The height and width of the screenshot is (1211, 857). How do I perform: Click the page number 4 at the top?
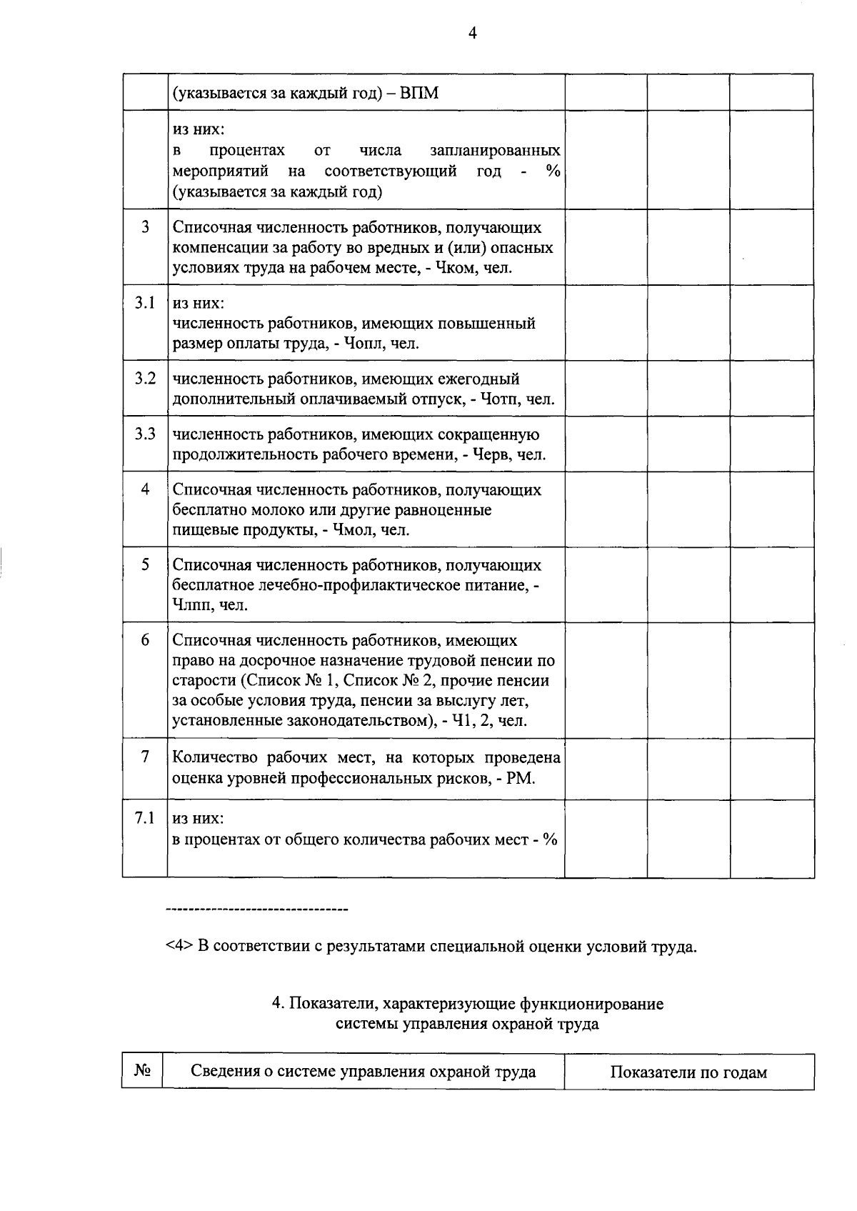(472, 32)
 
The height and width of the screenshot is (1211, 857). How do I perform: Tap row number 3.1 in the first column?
(145, 302)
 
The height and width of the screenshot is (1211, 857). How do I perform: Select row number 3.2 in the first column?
(145, 378)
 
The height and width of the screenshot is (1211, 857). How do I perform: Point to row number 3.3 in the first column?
(145, 434)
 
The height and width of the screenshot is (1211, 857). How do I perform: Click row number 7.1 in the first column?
(145, 817)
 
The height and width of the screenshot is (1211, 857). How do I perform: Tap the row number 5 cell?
(145, 564)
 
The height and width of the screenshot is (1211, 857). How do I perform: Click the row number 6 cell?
(145, 639)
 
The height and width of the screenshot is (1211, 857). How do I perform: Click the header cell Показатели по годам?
(688, 1072)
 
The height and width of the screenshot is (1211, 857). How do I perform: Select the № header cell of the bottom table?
(142, 1071)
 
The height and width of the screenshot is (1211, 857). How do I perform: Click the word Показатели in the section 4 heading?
(332, 1004)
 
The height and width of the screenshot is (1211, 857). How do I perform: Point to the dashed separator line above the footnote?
(256, 910)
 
